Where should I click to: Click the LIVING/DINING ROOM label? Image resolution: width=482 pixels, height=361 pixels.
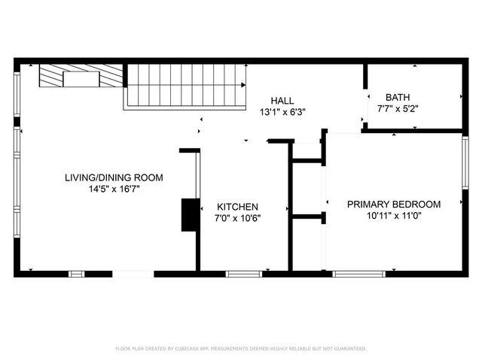[114, 177]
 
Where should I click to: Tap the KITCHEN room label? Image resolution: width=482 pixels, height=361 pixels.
[238, 207]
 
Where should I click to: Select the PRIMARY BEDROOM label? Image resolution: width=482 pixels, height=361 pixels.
[393, 204]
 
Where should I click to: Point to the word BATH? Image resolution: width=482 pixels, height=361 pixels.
[398, 97]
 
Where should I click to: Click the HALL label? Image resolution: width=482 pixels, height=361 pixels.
[282, 100]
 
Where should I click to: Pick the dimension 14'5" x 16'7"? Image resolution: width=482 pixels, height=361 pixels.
[114, 190]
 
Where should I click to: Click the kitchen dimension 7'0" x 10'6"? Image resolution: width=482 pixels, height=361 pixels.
[238, 219]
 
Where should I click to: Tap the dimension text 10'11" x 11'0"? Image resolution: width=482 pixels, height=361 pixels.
[393, 216]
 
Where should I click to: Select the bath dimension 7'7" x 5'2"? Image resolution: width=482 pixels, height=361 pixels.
[398, 109]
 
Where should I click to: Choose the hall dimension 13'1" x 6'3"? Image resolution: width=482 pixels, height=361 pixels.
[282, 112]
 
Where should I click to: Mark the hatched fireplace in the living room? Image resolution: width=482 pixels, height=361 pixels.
[81, 76]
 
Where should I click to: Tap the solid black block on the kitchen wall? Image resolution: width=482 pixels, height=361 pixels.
[188, 215]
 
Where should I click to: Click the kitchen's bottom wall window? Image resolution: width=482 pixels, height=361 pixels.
[243, 273]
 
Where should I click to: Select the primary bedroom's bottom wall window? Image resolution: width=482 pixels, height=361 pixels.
[358, 273]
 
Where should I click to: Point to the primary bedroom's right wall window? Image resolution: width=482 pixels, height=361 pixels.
[465, 162]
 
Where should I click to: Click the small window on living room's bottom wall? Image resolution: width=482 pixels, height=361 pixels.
[76, 273]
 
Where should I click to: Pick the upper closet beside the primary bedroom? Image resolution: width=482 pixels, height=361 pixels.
[307, 150]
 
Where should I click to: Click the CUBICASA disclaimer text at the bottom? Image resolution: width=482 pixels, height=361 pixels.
[241, 349]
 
